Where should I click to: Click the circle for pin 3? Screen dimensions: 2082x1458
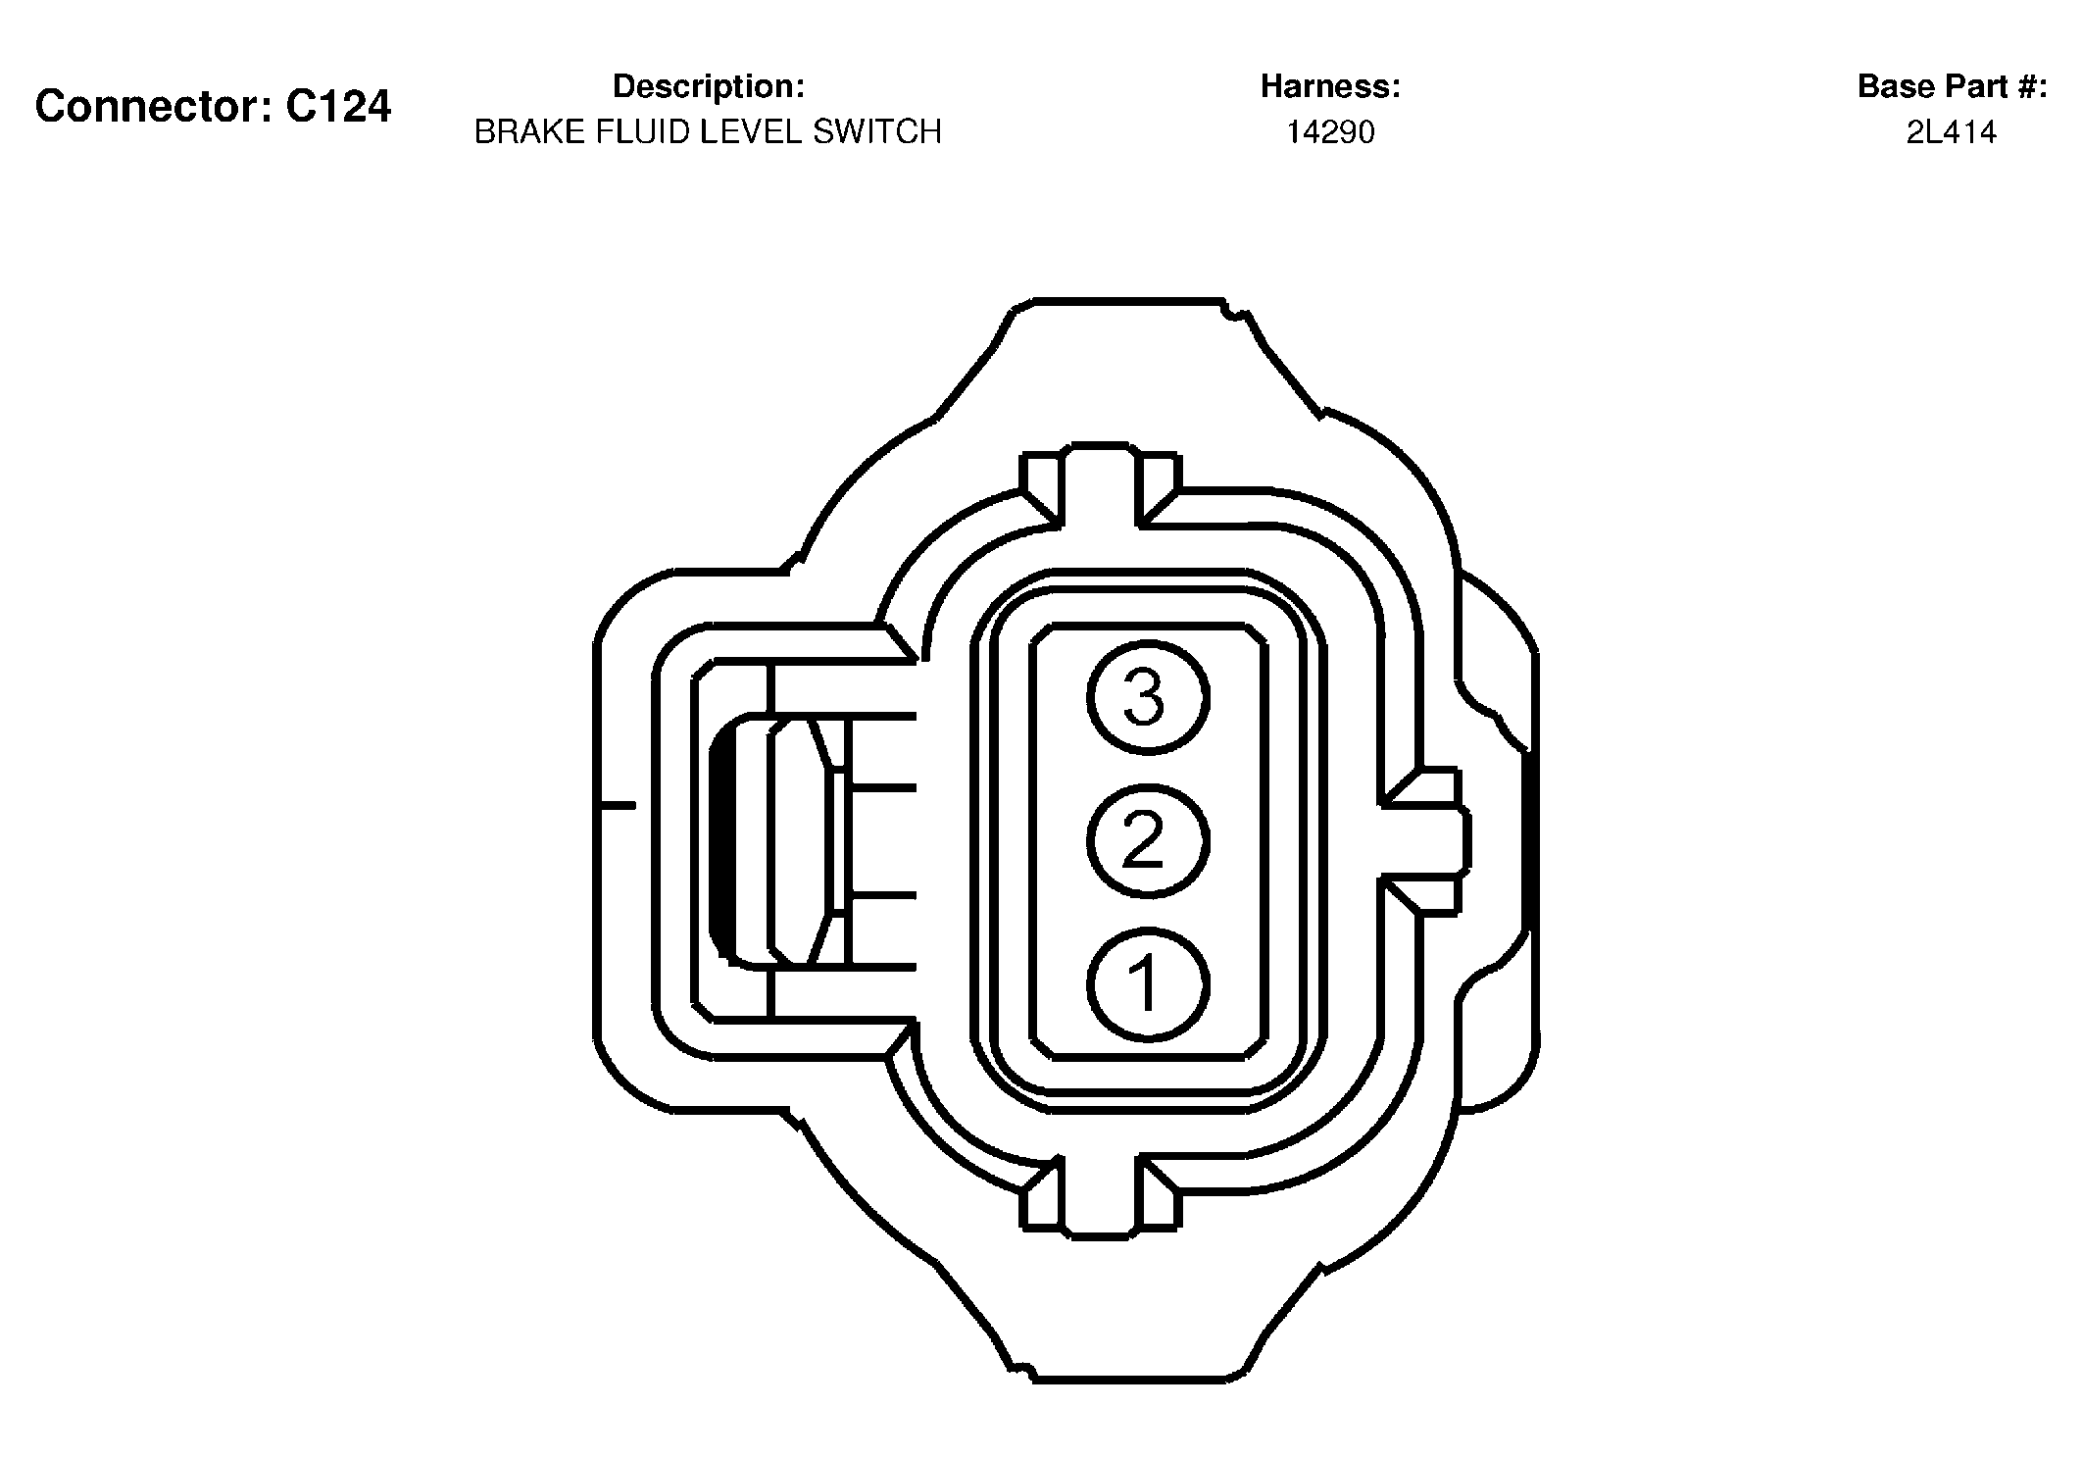tap(1148, 697)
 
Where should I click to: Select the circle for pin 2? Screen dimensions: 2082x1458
tap(1148, 841)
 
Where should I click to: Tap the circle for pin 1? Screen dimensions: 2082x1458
tap(1148, 984)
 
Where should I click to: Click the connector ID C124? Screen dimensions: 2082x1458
tap(338, 106)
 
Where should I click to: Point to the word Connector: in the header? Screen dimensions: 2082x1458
tap(154, 106)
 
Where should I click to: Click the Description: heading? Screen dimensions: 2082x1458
tap(709, 86)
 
